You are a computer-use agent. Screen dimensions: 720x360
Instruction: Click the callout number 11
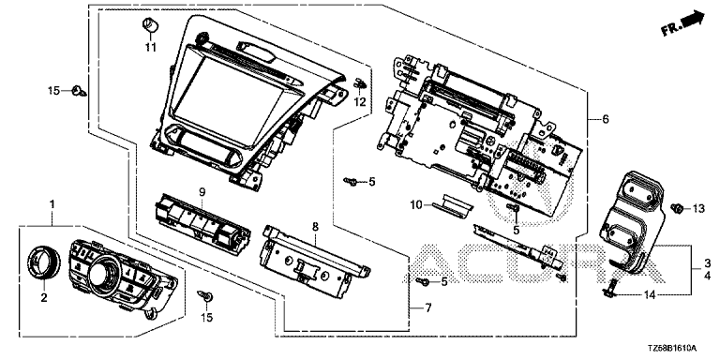(x=151, y=47)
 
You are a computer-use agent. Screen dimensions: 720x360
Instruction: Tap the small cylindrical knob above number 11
(x=150, y=25)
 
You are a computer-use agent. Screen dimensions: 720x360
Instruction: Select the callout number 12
(x=360, y=102)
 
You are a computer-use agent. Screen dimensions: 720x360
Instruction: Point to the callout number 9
(x=202, y=194)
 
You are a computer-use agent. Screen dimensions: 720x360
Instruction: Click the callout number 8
(x=315, y=226)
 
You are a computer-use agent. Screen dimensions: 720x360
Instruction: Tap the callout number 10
(x=416, y=204)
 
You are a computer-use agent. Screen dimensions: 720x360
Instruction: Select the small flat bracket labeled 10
(x=451, y=204)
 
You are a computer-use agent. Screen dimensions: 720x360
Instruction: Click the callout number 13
(x=697, y=209)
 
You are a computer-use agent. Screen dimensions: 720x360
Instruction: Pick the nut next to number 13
(x=676, y=209)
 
